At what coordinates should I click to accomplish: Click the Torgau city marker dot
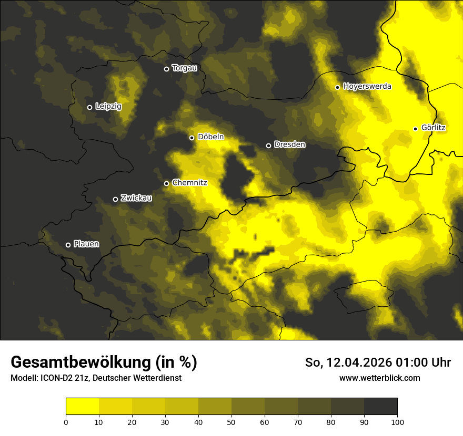(166, 69)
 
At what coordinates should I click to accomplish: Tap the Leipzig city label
(108, 107)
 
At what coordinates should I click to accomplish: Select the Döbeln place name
(210, 137)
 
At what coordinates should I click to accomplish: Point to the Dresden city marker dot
(268, 146)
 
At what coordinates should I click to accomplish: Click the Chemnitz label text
(189, 183)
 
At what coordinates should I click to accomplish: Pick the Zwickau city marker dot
(116, 199)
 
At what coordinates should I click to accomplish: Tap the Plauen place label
(86, 244)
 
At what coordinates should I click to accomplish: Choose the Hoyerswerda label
(367, 87)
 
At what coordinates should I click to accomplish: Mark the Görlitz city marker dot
(415, 129)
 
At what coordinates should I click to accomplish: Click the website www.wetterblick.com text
(379, 378)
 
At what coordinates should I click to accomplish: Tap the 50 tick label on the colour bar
(231, 422)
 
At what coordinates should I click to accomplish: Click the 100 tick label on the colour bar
(397, 422)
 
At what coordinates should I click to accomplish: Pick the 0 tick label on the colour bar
(66, 422)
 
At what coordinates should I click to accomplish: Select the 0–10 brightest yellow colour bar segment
(82, 407)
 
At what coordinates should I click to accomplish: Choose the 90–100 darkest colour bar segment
(380, 407)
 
